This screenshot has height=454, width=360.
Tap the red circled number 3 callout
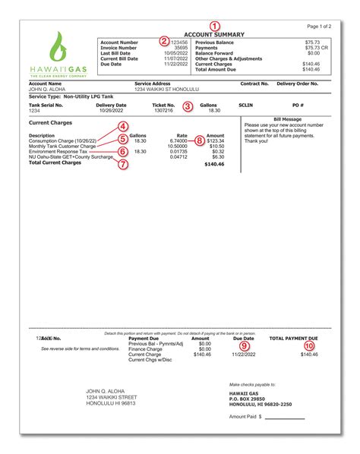click(187, 106)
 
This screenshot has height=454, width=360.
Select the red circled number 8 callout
click(199, 140)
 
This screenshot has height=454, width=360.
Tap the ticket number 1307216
click(163, 111)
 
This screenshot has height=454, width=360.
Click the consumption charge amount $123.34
click(218, 140)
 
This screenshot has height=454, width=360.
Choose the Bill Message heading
click(289, 118)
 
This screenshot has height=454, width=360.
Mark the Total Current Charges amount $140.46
click(216, 162)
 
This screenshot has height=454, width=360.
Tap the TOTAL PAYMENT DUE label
click(298, 338)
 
